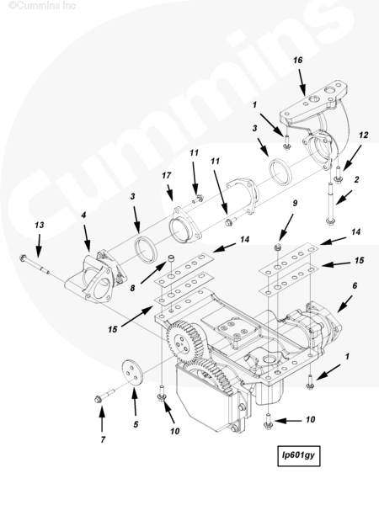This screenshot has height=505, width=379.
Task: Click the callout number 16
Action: click(x=298, y=60)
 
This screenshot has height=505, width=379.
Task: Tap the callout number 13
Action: click(x=40, y=225)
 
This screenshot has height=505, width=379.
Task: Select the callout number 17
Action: click(x=166, y=176)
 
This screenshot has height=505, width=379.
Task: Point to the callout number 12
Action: click(x=363, y=135)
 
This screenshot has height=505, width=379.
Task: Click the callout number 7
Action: click(x=103, y=439)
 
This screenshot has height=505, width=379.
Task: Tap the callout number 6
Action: click(x=355, y=285)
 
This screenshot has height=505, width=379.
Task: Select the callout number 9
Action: click(x=295, y=203)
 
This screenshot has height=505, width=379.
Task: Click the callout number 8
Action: click(x=132, y=288)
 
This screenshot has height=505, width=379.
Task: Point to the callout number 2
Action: click(x=356, y=179)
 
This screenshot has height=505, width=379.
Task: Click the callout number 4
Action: click(x=83, y=215)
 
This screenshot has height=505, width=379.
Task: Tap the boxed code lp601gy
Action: click(x=299, y=455)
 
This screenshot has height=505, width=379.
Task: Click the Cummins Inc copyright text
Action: click(x=42, y=5)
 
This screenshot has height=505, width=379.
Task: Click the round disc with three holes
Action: click(x=132, y=373)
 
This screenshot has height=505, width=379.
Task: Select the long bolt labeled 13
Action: click(x=35, y=264)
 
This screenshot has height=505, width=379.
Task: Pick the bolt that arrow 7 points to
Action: click(x=104, y=396)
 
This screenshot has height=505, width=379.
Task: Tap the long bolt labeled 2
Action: click(x=329, y=204)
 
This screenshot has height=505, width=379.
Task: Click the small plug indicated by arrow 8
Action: click(x=172, y=258)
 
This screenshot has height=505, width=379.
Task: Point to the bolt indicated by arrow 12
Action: click(x=338, y=174)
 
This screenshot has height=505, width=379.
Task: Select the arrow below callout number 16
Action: click(x=302, y=82)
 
